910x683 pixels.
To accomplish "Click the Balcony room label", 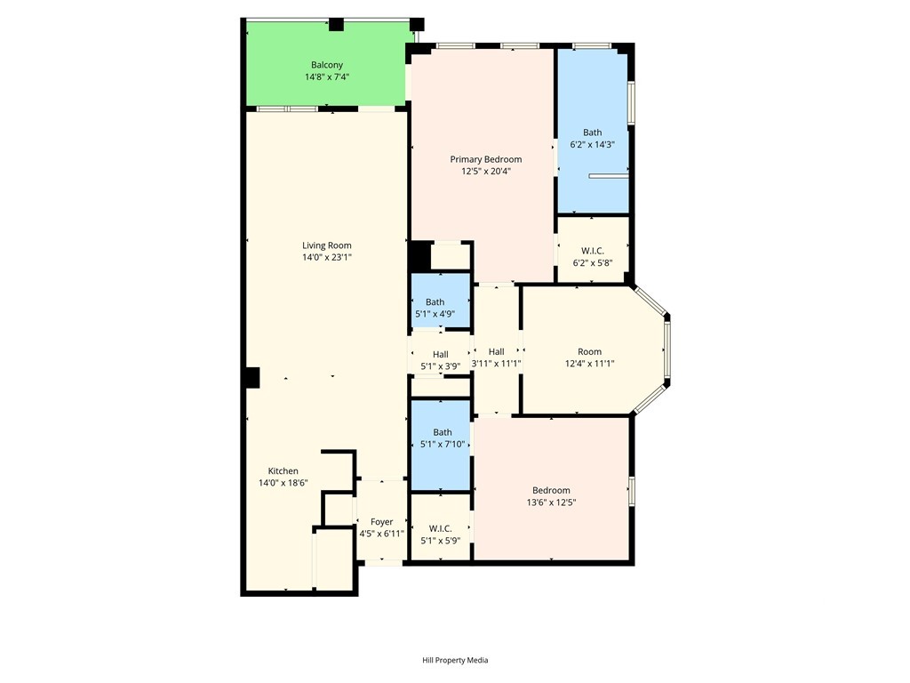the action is (x=327, y=65).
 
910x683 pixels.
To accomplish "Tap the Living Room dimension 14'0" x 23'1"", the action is (x=327, y=257).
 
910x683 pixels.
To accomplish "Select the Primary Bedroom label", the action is (x=486, y=159).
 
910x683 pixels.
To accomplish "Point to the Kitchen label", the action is (x=283, y=471).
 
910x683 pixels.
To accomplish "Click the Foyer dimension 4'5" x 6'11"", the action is (x=381, y=534).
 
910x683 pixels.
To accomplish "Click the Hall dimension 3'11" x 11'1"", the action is (x=496, y=364).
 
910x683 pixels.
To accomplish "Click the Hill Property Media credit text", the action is (x=455, y=660).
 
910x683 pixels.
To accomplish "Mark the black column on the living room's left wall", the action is (x=251, y=377).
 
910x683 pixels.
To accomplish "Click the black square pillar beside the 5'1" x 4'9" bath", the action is (x=420, y=256).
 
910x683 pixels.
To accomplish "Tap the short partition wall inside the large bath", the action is (x=609, y=175).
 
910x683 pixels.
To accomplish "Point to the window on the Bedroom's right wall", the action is (x=632, y=491).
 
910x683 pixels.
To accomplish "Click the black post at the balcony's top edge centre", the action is (x=337, y=24).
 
